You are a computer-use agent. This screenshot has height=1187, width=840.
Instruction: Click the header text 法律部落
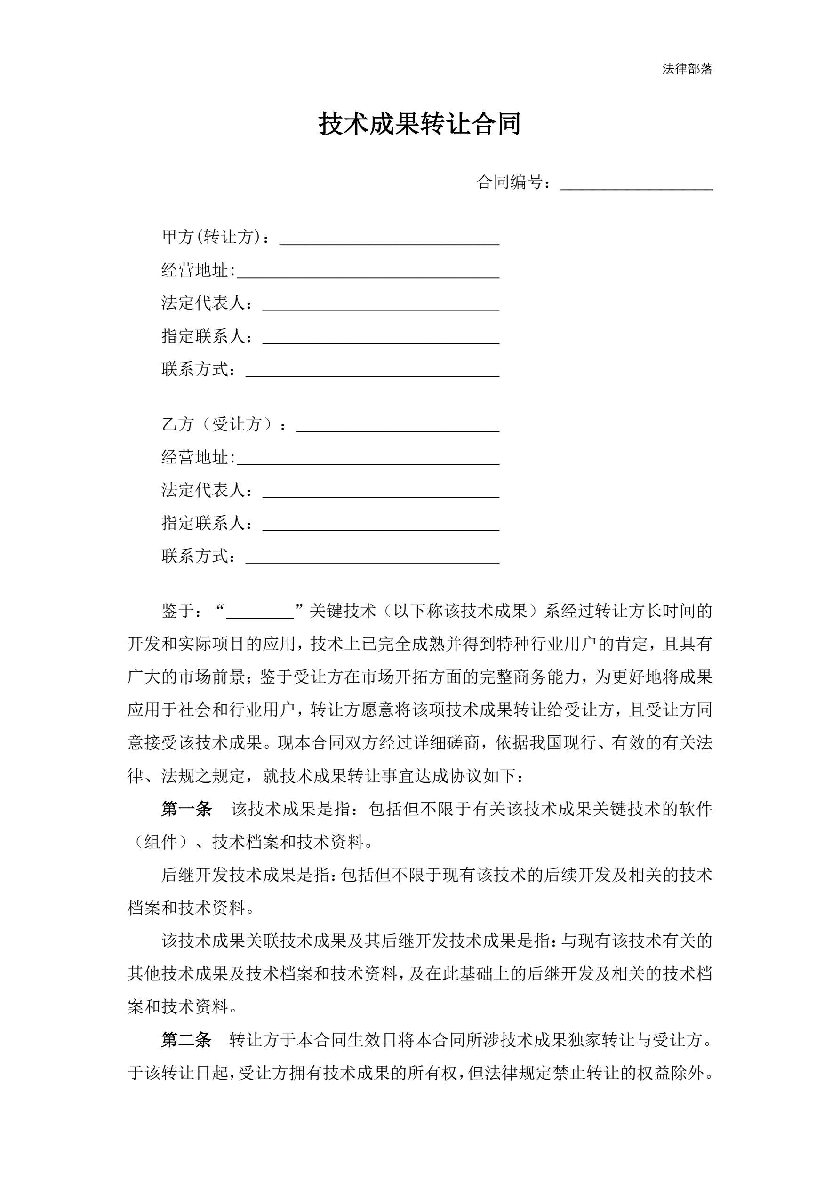[687, 69]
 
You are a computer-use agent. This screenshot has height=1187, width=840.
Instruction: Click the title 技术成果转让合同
[419, 124]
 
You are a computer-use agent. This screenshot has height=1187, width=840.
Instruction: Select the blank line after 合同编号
[636, 185]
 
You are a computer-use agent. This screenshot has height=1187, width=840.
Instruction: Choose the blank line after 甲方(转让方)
[389, 240]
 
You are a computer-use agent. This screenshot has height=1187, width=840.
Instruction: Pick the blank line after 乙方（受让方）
[397, 427]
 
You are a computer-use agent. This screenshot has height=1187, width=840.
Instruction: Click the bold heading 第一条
[186, 809]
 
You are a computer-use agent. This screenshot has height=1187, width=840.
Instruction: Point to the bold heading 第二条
[186, 1040]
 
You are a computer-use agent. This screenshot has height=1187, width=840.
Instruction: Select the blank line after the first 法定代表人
[381, 306]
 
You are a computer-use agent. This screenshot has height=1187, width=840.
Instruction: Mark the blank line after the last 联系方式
[372, 559]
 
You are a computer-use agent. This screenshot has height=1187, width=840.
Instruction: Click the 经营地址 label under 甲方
[194, 270]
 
